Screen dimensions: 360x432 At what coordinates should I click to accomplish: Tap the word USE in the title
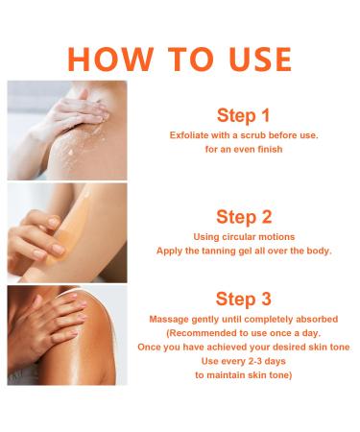pyautogui.click(x=260, y=60)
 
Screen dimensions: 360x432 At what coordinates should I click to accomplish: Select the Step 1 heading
pyautogui.click(x=243, y=115)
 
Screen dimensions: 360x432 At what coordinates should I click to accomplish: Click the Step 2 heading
pyautogui.click(x=244, y=217)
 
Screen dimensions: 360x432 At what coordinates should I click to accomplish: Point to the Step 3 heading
pyautogui.click(x=244, y=300)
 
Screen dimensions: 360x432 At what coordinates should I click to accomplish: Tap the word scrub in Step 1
pyautogui.click(x=253, y=135)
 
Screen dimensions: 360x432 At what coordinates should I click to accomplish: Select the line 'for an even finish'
pyautogui.click(x=244, y=150)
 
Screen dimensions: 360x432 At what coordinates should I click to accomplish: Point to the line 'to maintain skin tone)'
pyautogui.click(x=244, y=375)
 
